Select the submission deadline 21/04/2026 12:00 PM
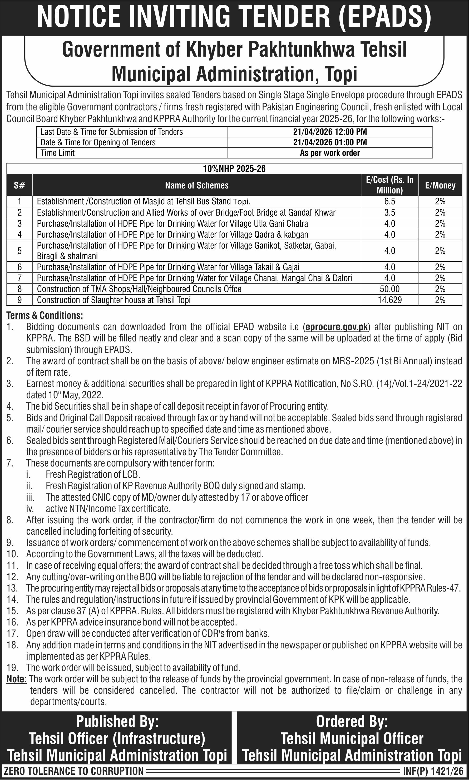click(330, 132)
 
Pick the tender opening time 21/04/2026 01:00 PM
click(330, 142)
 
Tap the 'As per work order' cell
click(330, 153)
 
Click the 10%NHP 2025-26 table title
click(234, 169)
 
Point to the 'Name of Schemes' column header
click(196, 185)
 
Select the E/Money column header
click(440, 185)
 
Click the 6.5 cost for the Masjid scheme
click(390, 201)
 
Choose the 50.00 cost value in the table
click(390, 289)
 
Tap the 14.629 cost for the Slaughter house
click(390, 300)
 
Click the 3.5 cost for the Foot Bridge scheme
click(390, 212)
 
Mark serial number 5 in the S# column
click(19, 251)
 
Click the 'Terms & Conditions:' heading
click(45, 315)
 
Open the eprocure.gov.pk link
click(337, 327)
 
